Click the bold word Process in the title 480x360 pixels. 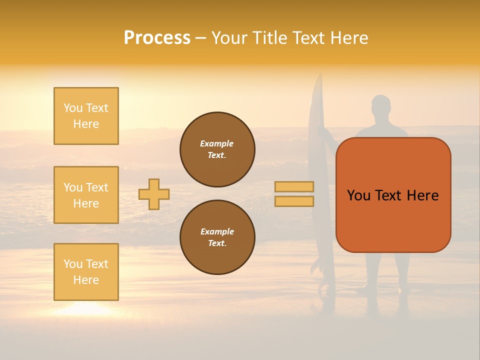click(157, 37)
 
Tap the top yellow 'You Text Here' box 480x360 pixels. click(86, 116)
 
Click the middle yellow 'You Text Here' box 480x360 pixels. click(86, 195)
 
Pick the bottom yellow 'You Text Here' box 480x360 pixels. click(86, 272)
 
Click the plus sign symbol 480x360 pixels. click(154, 194)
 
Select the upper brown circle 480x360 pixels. click(217, 149)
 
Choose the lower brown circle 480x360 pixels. click(217, 237)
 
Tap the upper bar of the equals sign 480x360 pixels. click(294, 186)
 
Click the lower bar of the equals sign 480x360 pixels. click(294, 201)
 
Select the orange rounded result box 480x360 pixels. click(393, 195)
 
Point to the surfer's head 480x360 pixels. click(381, 106)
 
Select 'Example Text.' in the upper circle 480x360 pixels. click(217, 149)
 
